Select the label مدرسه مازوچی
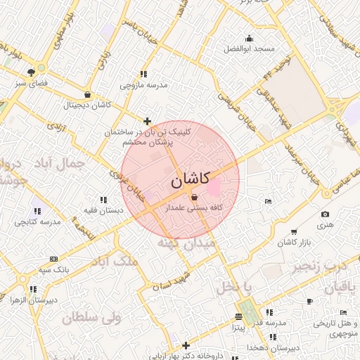point(143,85)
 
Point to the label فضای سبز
point(30,83)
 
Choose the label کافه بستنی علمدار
point(194,209)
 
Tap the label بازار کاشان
point(294,243)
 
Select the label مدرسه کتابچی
point(38,221)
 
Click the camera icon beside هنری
point(324,214)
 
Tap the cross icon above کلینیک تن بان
point(147,121)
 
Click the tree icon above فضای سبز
point(30,72)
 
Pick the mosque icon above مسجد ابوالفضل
point(248,38)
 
